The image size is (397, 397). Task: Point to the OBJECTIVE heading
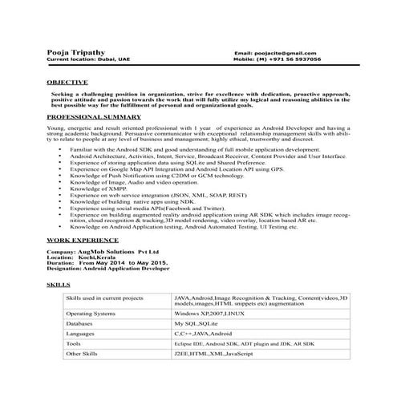pyautogui.click(x=68, y=83)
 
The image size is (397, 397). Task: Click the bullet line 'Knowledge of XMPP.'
pyautogui.click(x=99, y=190)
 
